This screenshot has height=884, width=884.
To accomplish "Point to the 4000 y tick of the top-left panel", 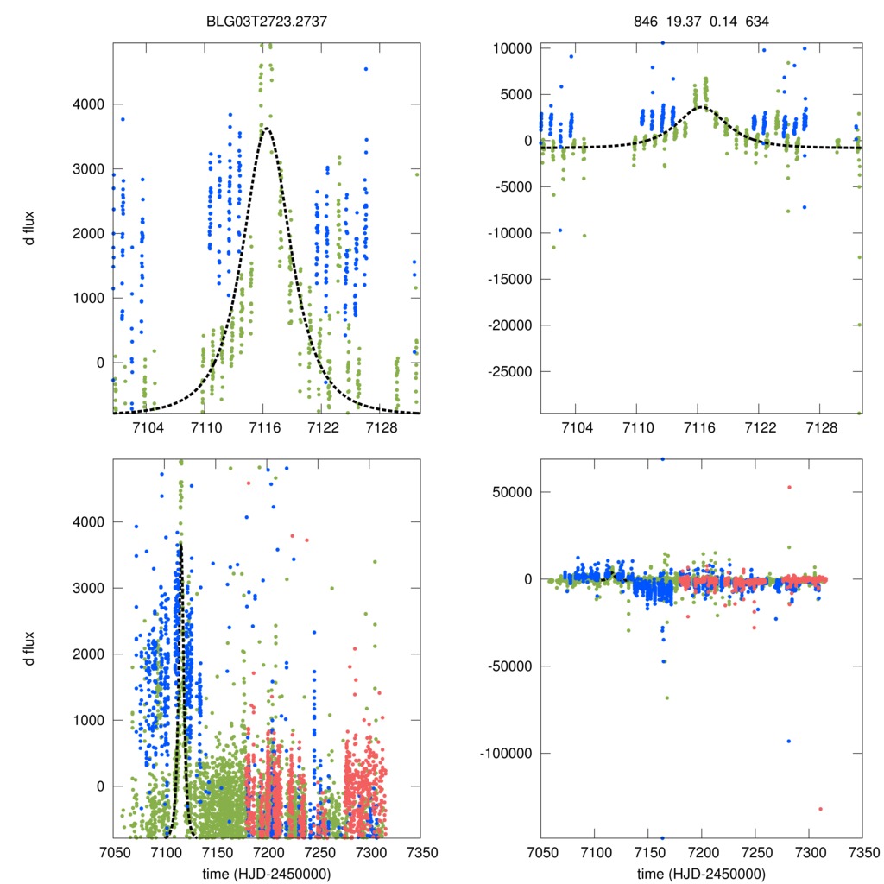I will (88, 104).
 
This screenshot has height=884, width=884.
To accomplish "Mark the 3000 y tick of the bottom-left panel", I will (88, 588).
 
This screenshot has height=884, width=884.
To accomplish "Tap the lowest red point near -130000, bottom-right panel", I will (820, 809).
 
